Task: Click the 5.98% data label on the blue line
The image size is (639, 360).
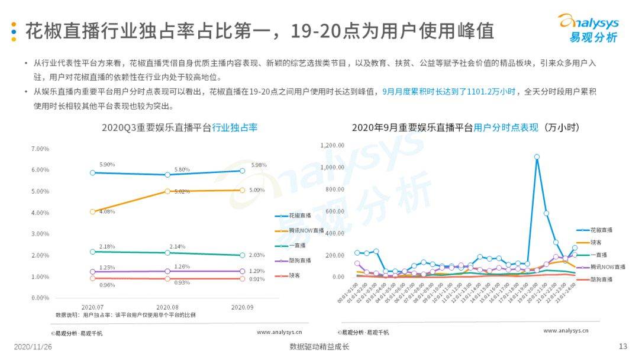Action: [x=259, y=165]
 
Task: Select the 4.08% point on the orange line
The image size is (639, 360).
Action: [x=92, y=211]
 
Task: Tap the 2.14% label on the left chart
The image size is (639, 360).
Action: [x=177, y=246]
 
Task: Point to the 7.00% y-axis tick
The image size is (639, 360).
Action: [x=40, y=149]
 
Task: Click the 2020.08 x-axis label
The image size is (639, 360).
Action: [x=167, y=307]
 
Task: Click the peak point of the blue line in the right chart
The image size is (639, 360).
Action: [x=537, y=157]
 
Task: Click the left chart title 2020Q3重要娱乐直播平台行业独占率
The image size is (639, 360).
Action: [x=179, y=127]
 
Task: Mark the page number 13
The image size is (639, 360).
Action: [x=622, y=346]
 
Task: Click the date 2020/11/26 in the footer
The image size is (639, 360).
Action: [x=33, y=347]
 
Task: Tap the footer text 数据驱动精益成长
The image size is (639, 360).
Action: [x=319, y=347]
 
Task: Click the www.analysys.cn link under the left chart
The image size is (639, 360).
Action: [x=279, y=332]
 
